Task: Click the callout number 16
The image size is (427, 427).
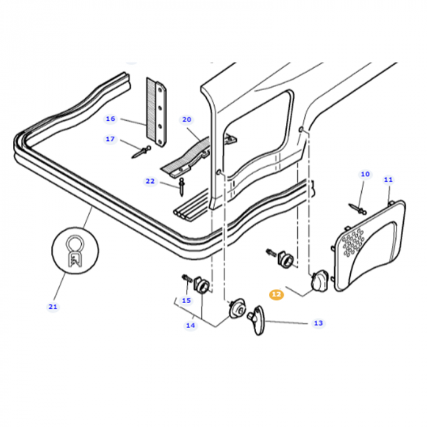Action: tap(110, 118)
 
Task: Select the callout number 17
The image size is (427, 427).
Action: tap(110, 139)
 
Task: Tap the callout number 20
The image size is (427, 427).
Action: tap(187, 120)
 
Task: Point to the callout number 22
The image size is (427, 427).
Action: tap(150, 181)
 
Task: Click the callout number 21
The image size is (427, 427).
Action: tap(53, 306)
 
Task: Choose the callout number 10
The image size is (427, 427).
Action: tap(365, 174)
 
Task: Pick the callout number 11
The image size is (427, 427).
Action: tap(389, 179)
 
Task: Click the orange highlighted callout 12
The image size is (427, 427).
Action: tap(276, 294)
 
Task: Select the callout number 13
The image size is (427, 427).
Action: tap(318, 323)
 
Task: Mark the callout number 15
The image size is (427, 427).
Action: tap(186, 300)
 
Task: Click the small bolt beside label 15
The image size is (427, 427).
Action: tap(185, 279)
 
